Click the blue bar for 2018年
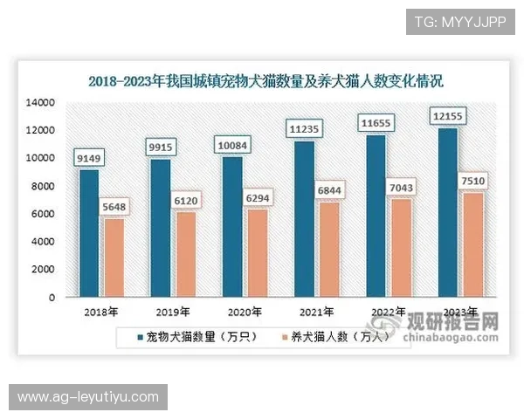click(89, 232)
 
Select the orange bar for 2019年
click(184, 254)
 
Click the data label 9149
click(91, 158)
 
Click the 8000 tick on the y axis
click(44, 186)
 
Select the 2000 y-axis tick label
click(44, 270)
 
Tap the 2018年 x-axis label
click(100, 312)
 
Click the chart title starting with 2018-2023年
click(266, 81)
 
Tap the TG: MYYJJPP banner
click(460, 21)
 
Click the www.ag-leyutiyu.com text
click(87, 397)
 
